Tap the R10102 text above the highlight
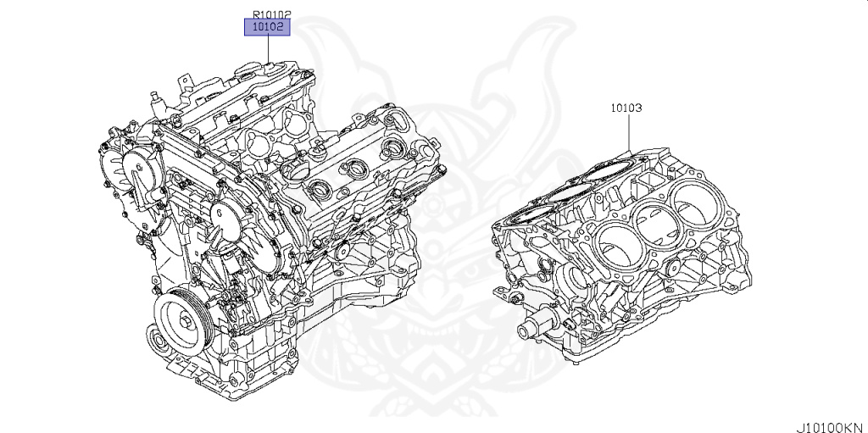271,14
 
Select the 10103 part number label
626,108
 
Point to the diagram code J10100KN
829,425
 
